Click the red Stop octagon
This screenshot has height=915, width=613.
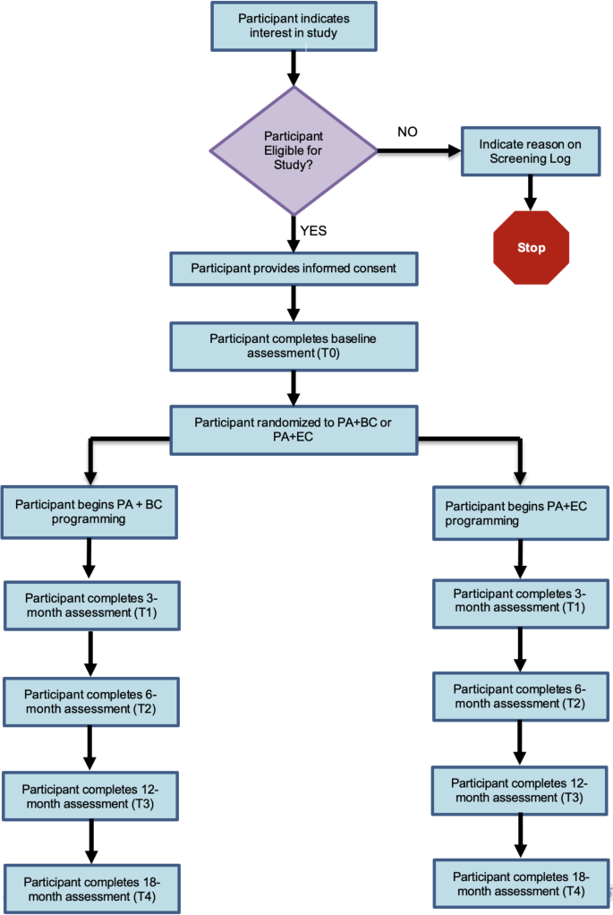(x=531, y=248)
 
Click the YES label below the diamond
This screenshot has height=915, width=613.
(x=314, y=230)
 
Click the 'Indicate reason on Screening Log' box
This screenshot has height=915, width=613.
(x=529, y=151)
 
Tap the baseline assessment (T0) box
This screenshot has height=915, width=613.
(x=294, y=345)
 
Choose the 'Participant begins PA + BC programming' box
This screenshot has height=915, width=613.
(x=89, y=511)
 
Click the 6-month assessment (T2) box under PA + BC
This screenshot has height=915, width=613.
(x=90, y=701)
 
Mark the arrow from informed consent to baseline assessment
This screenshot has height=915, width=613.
(x=294, y=303)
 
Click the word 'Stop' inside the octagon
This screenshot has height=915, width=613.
(x=531, y=248)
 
